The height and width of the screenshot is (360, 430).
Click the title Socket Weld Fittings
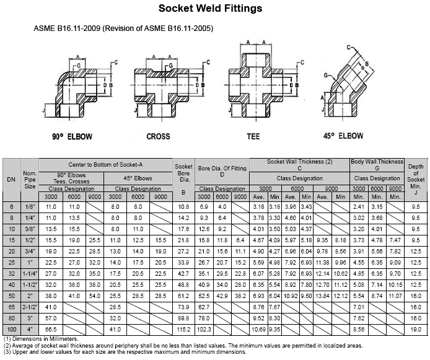[x=210, y=8]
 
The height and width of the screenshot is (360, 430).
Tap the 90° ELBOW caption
[x=72, y=136]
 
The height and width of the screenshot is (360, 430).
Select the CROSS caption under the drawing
[x=158, y=136]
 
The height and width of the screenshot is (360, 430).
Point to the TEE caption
[x=253, y=136]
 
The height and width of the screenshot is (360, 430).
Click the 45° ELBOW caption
[x=343, y=136]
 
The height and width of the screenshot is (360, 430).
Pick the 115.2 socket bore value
[x=183, y=329]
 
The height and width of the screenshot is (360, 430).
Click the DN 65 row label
[x=12, y=307]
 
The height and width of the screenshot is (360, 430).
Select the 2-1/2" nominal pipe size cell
[x=30, y=307]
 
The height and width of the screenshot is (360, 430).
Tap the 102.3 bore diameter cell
[x=204, y=329]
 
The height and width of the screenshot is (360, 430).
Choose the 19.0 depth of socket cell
[x=416, y=329]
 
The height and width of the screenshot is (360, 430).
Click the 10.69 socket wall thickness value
[x=258, y=329]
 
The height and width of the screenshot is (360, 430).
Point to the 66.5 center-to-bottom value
[x=51, y=329]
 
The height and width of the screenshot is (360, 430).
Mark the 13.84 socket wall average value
[x=322, y=296]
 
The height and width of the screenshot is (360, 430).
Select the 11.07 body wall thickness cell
[x=395, y=296]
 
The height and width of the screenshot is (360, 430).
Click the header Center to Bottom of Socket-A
[x=105, y=164]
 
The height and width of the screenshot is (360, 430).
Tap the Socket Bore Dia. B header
[x=183, y=179]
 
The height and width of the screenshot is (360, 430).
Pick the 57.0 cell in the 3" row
[x=51, y=318]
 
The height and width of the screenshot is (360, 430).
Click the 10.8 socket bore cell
[x=183, y=207]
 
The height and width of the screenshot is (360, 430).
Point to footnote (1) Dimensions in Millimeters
[x=41, y=339]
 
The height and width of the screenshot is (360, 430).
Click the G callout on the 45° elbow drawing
[x=326, y=75]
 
